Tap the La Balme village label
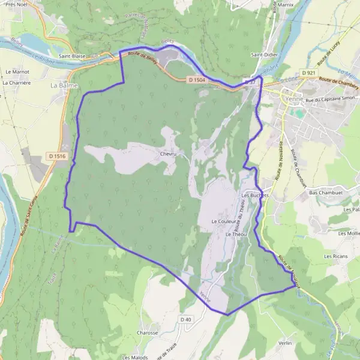62,85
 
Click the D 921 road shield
309,73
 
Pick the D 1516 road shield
56,157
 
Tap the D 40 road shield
186,320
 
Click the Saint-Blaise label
71,56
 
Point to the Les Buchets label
255,196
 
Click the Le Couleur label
223,221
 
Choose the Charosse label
147,332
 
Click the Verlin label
285,343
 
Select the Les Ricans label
337,256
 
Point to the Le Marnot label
17,71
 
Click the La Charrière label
16,83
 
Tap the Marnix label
285,5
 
